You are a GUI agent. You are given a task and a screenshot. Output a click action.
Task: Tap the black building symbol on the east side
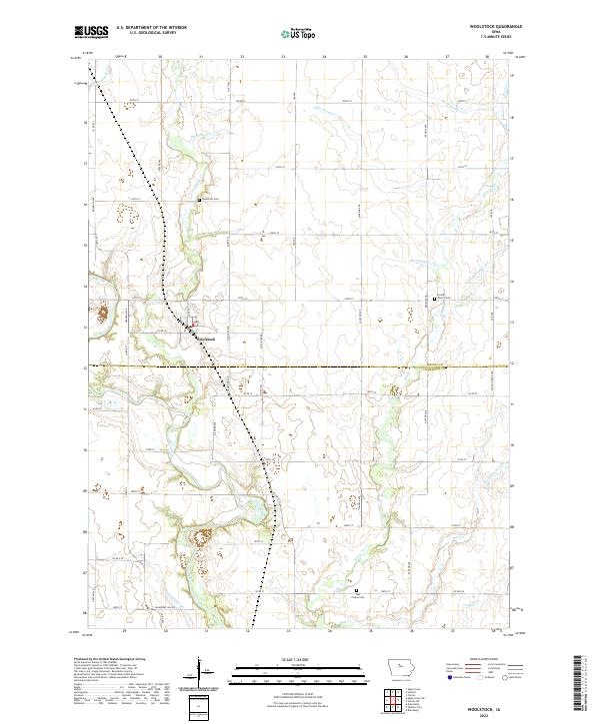[x=435, y=298]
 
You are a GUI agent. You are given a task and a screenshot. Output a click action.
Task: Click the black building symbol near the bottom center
[x=358, y=591]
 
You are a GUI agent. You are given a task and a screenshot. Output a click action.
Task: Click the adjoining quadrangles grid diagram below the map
[x=399, y=699]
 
